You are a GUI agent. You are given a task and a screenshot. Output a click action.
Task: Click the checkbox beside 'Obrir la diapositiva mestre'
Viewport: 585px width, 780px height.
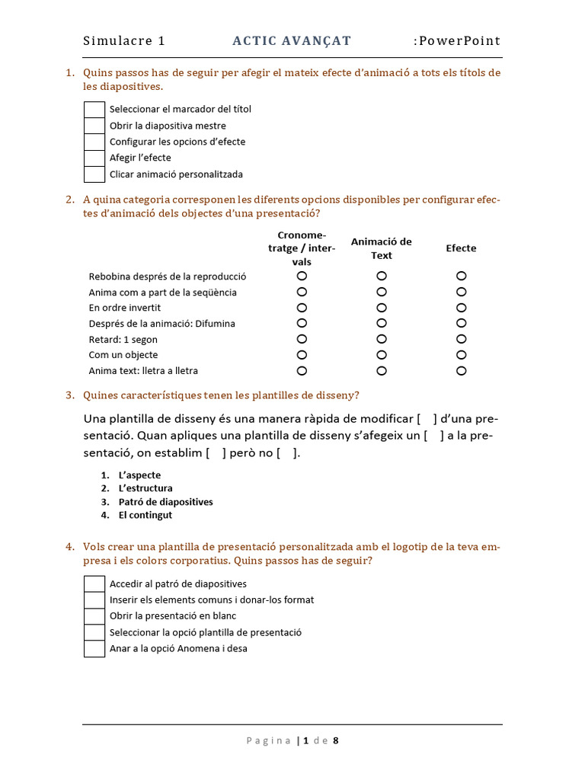pyautogui.click(x=94, y=126)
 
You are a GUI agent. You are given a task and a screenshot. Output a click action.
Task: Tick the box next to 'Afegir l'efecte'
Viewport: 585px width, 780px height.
pyautogui.click(x=94, y=158)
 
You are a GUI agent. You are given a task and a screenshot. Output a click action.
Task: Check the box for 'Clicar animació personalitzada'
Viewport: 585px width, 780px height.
pyautogui.click(x=94, y=174)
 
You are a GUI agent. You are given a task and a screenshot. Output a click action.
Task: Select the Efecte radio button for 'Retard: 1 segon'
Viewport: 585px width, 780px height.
pyautogui.click(x=461, y=339)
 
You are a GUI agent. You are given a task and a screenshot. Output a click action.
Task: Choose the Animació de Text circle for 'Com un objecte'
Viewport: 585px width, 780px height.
pyautogui.click(x=382, y=355)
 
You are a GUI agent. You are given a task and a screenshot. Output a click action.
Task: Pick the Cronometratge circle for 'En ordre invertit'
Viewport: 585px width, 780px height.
pyautogui.click(x=302, y=308)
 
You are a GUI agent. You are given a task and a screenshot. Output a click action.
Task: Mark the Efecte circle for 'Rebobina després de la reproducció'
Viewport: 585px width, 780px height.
pyautogui.click(x=461, y=276)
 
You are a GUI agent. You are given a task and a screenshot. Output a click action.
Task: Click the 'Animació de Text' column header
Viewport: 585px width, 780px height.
pyautogui.click(x=381, y=248)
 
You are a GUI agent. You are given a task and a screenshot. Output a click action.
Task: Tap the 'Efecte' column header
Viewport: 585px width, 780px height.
pyautogui.click(x=461, y=248)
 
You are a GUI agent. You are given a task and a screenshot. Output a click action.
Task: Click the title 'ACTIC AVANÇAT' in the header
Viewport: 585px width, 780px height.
pyautogui.click(x=292, y=41)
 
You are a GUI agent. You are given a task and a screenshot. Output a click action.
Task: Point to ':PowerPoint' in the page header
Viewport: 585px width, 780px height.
pyautogui.click(x=457, y=41)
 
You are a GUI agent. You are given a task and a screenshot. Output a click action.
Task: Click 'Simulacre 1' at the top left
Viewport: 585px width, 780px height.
pyautogui.click(x=124, y=41)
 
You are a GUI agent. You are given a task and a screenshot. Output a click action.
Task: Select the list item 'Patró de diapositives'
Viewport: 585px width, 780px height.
pyautogui.click(x=165, y=502)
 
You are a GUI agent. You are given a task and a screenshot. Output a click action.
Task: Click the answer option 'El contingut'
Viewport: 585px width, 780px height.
pyautogui.click(x=145, y=515)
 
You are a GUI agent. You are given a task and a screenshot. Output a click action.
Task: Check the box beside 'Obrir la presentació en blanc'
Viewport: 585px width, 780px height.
pyautogui.click(x=94, y=616)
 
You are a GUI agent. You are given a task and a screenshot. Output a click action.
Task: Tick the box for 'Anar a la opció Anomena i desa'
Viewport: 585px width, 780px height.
pyautogui.click(x=94, y=649)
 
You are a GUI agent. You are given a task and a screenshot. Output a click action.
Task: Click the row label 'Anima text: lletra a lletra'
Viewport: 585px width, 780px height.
pyautogui.click(x=143, y=371)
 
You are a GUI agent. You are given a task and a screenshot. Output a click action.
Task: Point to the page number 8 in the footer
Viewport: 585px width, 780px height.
pyautogui.click(x=335, y=740)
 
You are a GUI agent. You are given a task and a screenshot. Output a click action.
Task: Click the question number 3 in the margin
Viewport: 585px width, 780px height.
pyautogui.click(x=69, y=395)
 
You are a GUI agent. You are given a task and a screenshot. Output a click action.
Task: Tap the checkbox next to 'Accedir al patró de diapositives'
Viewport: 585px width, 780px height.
pyautogui.click(x=94, y=584)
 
